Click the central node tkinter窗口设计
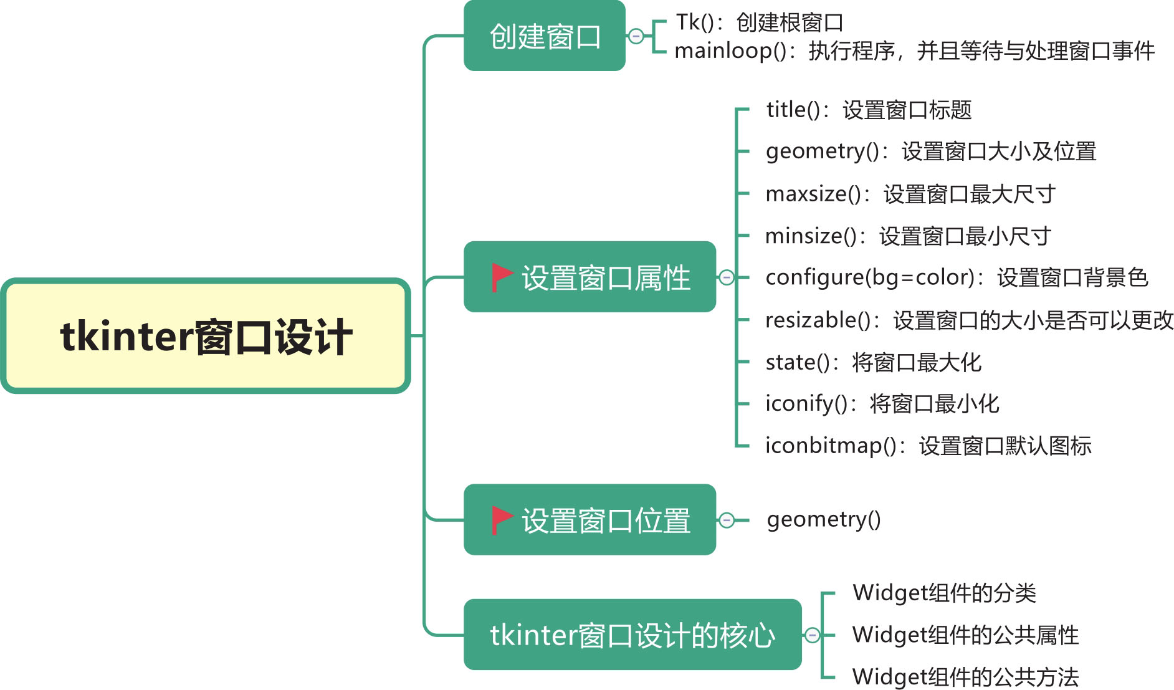[206, 336]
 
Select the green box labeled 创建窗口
[544, 36]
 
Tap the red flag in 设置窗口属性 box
[501, 277]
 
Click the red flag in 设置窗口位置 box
[501, 519]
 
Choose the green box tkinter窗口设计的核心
[632, 635]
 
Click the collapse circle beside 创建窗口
[636, 36]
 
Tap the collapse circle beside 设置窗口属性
[726, 277]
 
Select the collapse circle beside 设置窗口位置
[726, 520]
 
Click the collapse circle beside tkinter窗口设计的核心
[811, 635]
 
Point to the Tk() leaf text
[759, 22]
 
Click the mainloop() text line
[914, 50]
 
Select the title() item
[869, 110]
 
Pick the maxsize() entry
[910, 194]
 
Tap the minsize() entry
[908, 236]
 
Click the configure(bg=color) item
[957, 277]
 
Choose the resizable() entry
[969, 320]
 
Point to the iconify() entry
[882, 404]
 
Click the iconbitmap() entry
[928, 446]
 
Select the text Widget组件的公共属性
[965, 635]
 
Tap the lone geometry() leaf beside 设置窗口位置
[824, 519]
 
